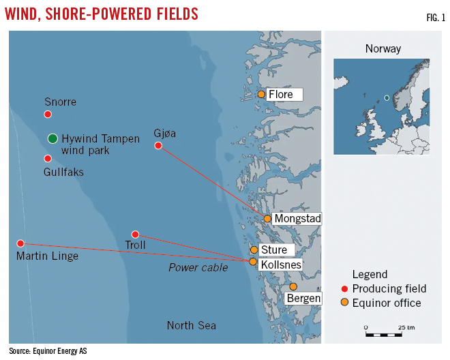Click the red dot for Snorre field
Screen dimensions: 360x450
[48, 115]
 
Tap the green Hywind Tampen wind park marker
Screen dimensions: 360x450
[52, 138]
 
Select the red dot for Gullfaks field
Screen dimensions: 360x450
[48, 158]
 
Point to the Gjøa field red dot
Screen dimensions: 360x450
[158, 146]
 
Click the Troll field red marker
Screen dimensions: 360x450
[135, 235]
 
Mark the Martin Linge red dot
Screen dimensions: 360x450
[20, 243]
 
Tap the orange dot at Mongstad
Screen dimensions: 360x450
[267, 219]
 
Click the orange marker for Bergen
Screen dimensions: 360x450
[293, 286]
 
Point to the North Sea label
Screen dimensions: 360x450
[192, 325]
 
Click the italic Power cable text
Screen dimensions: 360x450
[198, 267]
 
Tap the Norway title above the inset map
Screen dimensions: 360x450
[382, 48]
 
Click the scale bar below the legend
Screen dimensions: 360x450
[383, 335]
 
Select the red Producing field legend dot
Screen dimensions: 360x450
[345, 289]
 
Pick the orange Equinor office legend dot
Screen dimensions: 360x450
[345, 303]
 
